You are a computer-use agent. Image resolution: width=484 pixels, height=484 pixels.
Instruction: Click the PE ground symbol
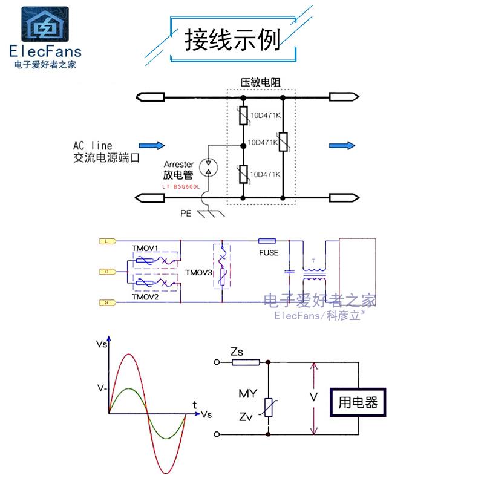[208, 212]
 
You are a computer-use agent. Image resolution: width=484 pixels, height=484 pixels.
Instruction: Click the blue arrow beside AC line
[151, 145]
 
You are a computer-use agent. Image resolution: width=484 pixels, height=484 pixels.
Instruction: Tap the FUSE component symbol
[267, 241]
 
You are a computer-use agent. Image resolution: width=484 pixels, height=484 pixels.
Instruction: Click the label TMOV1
[145, 249]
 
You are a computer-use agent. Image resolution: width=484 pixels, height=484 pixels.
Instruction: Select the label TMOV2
[145, 296]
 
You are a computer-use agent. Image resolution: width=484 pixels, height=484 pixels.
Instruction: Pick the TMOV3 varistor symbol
[223, 266]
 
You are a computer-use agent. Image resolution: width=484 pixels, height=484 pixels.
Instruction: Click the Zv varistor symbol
[268, 408]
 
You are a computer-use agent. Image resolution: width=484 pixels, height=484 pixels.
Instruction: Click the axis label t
[194, 404]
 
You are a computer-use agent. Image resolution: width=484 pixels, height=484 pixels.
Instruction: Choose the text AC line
[93, 146]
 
